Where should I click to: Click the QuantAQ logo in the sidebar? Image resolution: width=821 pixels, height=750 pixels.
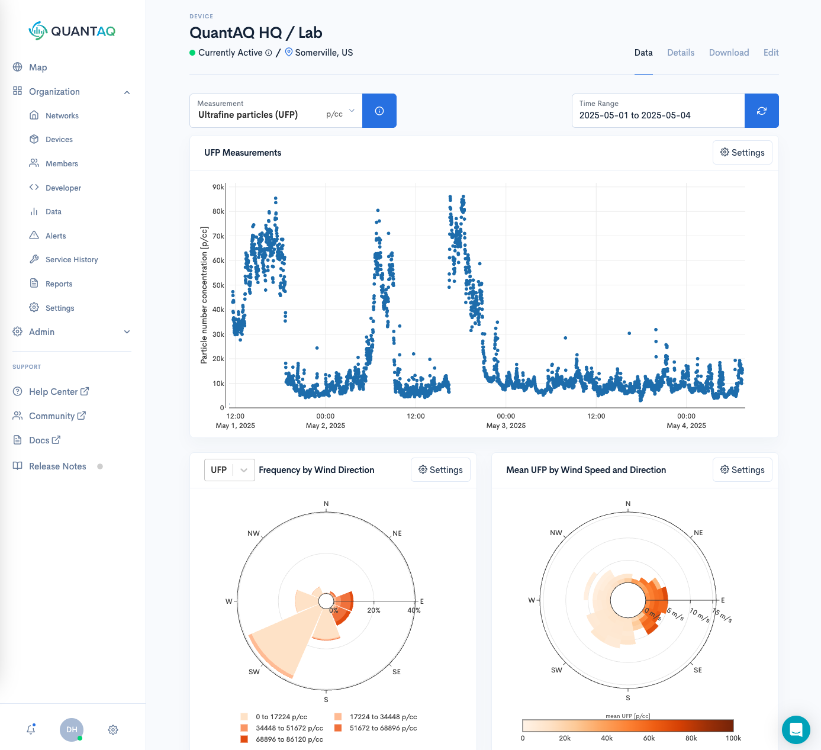(72, 31)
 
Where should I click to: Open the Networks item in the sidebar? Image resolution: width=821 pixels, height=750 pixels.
(62, 115)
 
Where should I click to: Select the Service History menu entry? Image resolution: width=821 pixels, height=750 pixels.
(72, 260)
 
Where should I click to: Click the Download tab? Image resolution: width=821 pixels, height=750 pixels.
(729, 53)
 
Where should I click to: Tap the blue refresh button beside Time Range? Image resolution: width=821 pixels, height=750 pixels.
(761, 111)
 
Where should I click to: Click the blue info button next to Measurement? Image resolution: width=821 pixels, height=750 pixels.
(379, 111)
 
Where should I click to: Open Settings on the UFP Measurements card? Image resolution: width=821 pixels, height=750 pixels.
(742, 153)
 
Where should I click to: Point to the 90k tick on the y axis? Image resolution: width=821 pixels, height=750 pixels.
(218, 187)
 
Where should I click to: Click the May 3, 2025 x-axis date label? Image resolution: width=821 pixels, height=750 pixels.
(506, 426)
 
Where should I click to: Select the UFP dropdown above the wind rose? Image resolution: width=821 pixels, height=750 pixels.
(229, 470)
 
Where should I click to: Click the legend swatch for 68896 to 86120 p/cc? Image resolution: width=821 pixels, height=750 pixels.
(244, 739)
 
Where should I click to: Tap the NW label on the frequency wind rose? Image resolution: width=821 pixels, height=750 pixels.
(253, 533)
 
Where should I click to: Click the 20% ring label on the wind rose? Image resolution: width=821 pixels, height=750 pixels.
(374, 610)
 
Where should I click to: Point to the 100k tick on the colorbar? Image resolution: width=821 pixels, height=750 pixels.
(733, 738)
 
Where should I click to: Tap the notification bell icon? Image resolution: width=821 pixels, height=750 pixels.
(31, 730)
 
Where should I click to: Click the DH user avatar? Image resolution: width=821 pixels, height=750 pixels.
(72, 730)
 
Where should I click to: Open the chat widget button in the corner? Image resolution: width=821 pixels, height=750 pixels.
(796, 729)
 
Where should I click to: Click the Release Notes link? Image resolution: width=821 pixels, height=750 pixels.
(57, 466)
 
